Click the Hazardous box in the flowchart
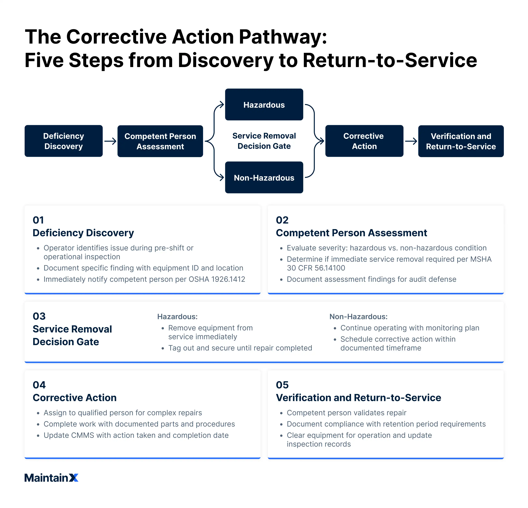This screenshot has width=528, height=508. [264, 105]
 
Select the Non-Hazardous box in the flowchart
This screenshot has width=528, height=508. [264, 178]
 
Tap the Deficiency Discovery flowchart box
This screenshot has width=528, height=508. [64, 141]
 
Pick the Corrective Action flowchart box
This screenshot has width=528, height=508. [364, 141]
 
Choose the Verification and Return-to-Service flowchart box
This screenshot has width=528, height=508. [461, 141]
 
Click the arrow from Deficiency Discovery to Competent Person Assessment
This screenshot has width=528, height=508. [110, 141]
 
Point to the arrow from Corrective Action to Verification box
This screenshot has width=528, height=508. [411, 141]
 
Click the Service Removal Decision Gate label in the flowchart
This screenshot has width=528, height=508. [264, 141]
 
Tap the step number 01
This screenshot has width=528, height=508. [38, 220]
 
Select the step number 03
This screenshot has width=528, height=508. [39, 316]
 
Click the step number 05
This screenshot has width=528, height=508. [282, 385]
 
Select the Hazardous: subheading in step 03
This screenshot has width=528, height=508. [177, 316]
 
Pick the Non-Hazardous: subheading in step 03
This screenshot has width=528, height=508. [358, 316]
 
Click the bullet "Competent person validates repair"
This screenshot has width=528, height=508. [346, 413]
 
